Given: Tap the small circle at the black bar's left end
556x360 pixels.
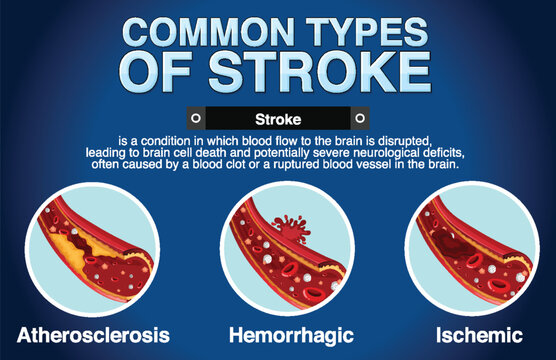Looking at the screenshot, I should click(x=195, y=117).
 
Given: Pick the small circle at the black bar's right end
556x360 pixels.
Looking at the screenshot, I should click(x=358, y=117).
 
